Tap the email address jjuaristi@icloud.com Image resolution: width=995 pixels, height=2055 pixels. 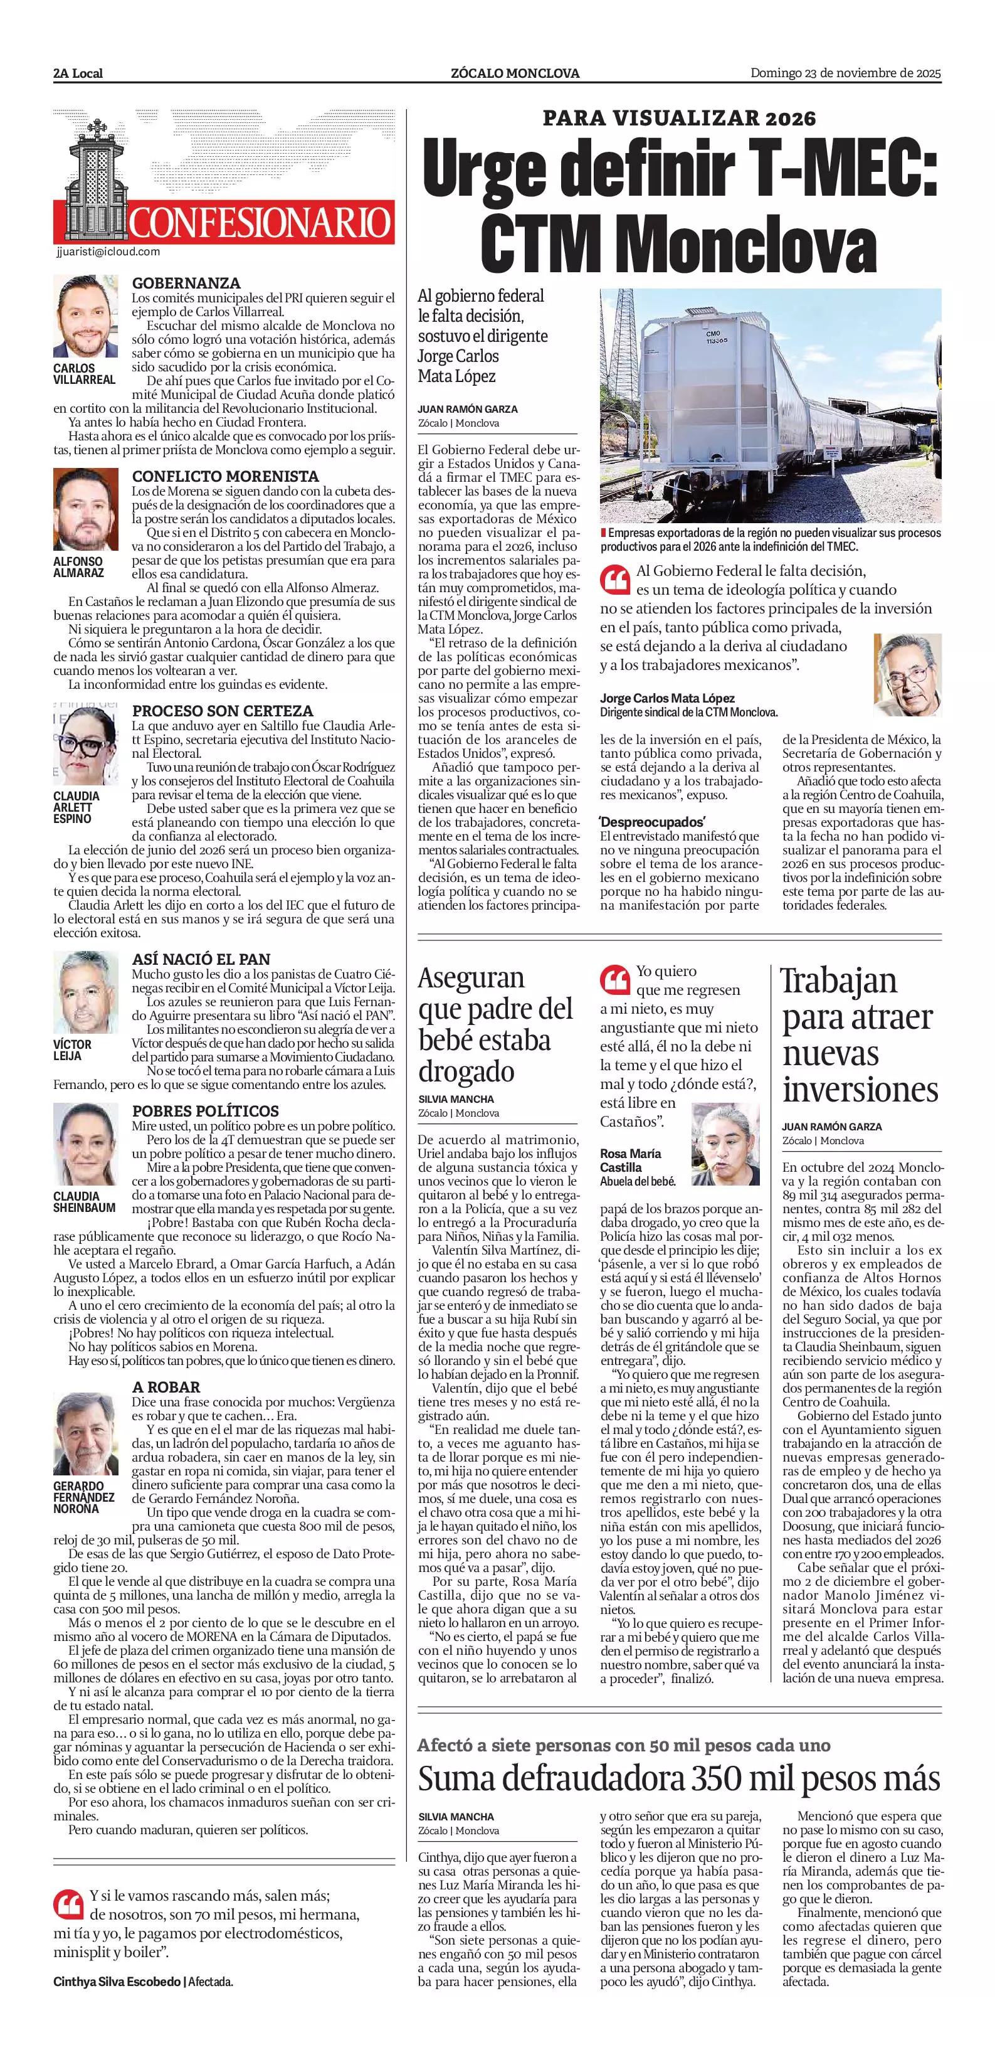pyautogui.click(x=108, y=252)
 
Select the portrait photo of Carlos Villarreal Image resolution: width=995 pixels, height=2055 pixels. pyautogui.click(x=85, y=317)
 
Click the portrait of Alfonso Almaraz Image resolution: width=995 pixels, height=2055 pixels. pyautogui.click(x=85, y=509)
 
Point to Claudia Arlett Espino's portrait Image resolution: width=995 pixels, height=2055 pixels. pyautogui.click(x=85, y=745)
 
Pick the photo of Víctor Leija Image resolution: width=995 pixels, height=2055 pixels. pyautogui.click(x=85, y=992)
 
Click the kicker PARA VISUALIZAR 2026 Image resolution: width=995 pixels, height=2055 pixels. pyautogui.click(x=678, y=119)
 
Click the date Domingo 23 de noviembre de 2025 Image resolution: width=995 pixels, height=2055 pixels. pyautogui.click(x=845, y=73)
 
